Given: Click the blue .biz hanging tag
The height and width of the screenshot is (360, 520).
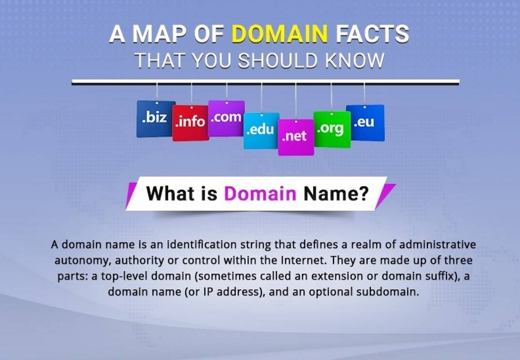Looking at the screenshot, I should click(155, 119).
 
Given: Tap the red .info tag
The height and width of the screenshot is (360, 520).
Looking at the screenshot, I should click(190, 123).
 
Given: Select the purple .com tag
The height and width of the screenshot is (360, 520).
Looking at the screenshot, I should click(226, 118).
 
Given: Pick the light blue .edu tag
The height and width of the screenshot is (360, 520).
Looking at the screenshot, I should click(261, 130).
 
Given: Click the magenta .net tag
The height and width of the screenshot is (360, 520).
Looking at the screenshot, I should click(296, 137).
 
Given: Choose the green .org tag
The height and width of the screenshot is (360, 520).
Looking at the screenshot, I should click(332, 129).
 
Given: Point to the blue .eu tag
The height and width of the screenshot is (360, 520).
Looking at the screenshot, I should click(365, 123).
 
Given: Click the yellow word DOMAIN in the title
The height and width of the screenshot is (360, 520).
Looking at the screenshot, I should click(280, 35).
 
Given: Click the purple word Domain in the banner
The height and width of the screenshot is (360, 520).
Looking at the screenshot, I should click(260, 194).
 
